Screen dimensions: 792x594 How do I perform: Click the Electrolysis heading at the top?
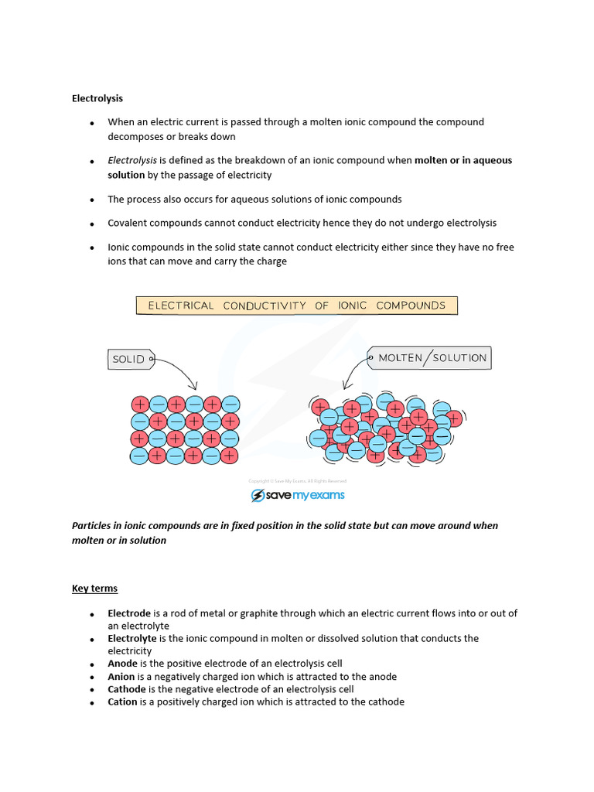pyautogui.click(x=97, y=98)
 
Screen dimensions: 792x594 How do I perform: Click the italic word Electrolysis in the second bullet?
pyautogui.click(x=132, y=160)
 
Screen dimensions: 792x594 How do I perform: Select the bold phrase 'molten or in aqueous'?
pyautogui.click(x=463, y=160)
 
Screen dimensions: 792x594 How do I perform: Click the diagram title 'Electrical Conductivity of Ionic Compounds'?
pyautogui.click(x=297, y=306)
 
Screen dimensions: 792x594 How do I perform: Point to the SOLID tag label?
pyautogui.click(x=129, y=359)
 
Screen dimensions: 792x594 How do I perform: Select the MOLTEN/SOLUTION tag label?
pyautogui.click(x=432, y=358)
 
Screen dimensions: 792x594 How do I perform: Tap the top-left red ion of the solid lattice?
pyautogui.click(x=140, y=404)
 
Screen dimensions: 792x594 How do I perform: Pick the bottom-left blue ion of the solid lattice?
pyautogui.click(x=140, y=456)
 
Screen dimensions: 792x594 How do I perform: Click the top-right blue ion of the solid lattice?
pyautogui.click(x=230, y=404)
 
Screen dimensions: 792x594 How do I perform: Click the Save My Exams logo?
pyautogui.click(x=297, y=495)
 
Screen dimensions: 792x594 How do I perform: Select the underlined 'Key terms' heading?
pyautogui.click(x=94, y=589)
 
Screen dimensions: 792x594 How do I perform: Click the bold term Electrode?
pyautogui.click(x=129, y=613)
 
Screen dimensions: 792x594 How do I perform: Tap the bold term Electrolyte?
pyautogui.click(x=132, y=639)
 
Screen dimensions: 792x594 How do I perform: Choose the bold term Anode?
pyautogui.click(x=123, y=664)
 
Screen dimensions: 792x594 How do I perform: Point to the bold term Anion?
pyautogui.click(x=122, y=677)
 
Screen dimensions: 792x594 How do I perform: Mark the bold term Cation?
pyautogui.click(x=123, y=702)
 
